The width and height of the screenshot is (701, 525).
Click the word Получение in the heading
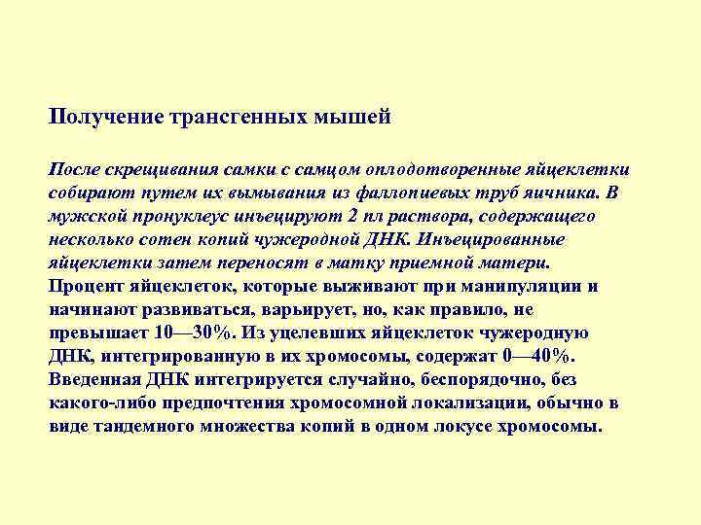pos(106,119)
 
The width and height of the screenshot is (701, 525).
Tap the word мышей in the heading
pos(359,119)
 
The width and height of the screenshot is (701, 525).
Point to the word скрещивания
pos(145,169)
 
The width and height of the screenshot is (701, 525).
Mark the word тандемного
pos(140,426)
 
